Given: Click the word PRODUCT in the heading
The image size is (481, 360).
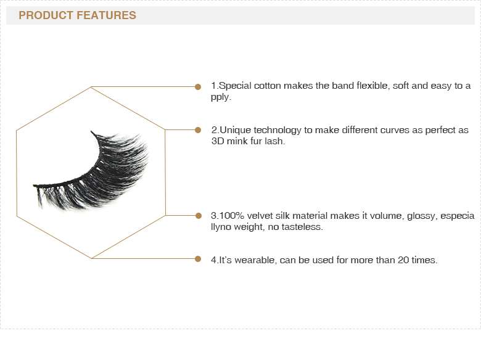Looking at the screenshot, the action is pyautogui.click(x=46, y=15).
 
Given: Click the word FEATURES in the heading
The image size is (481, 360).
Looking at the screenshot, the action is pyautogui.click(x=106, y=15).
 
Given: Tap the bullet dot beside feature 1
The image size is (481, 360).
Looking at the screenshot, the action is pyautogui.click(x=198, y=87).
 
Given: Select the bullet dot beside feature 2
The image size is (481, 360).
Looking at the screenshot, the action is pyautogui.click(x=198, y=130).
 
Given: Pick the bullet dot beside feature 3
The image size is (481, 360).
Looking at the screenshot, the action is pyautogui.click(x=199, y=216).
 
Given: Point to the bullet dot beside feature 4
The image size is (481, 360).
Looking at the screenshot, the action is pyautogui.click(x=198, y=259).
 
